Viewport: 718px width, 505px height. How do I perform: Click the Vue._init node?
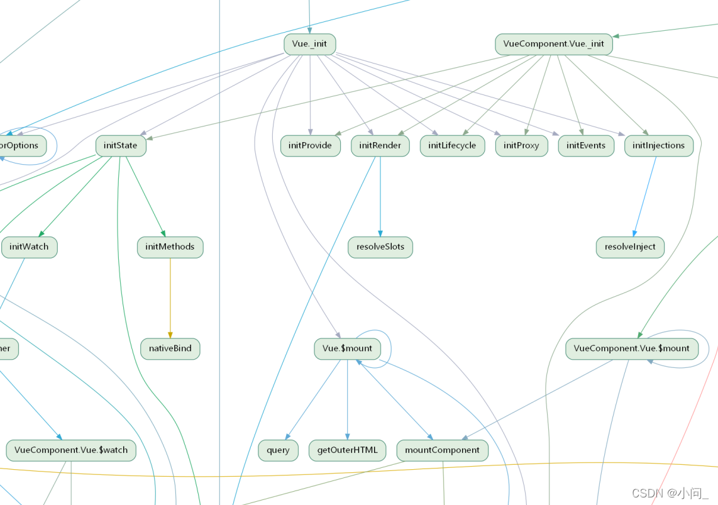pos(309,44)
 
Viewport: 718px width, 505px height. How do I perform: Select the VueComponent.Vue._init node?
pos(553,44)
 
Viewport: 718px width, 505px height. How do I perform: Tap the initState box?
pos(121,145)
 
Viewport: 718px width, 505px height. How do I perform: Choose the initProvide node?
pos(310,145)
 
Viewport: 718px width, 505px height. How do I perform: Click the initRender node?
pos(380,145)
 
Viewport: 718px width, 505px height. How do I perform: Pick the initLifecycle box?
pos(452,145)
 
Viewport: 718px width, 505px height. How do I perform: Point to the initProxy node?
pos(521,145)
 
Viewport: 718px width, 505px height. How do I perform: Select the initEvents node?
pos(585,145)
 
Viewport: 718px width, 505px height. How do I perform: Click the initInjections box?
pos(658,145)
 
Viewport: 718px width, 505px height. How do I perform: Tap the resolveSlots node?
pos(380,247)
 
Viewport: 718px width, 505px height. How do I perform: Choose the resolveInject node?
pos(629,247)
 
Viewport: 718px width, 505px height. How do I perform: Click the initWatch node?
pos(29,247)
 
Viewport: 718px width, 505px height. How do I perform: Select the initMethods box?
pos(170,247)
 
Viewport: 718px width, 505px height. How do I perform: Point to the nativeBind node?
pos(170,348)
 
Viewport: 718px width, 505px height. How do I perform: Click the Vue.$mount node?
pos(347,348)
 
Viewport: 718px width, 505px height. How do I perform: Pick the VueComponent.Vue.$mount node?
pos(631,348)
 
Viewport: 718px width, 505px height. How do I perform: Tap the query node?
pos(278,450)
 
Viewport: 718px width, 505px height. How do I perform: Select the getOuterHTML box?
pos(347,450)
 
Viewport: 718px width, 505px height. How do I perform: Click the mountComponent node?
pos(442,450)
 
